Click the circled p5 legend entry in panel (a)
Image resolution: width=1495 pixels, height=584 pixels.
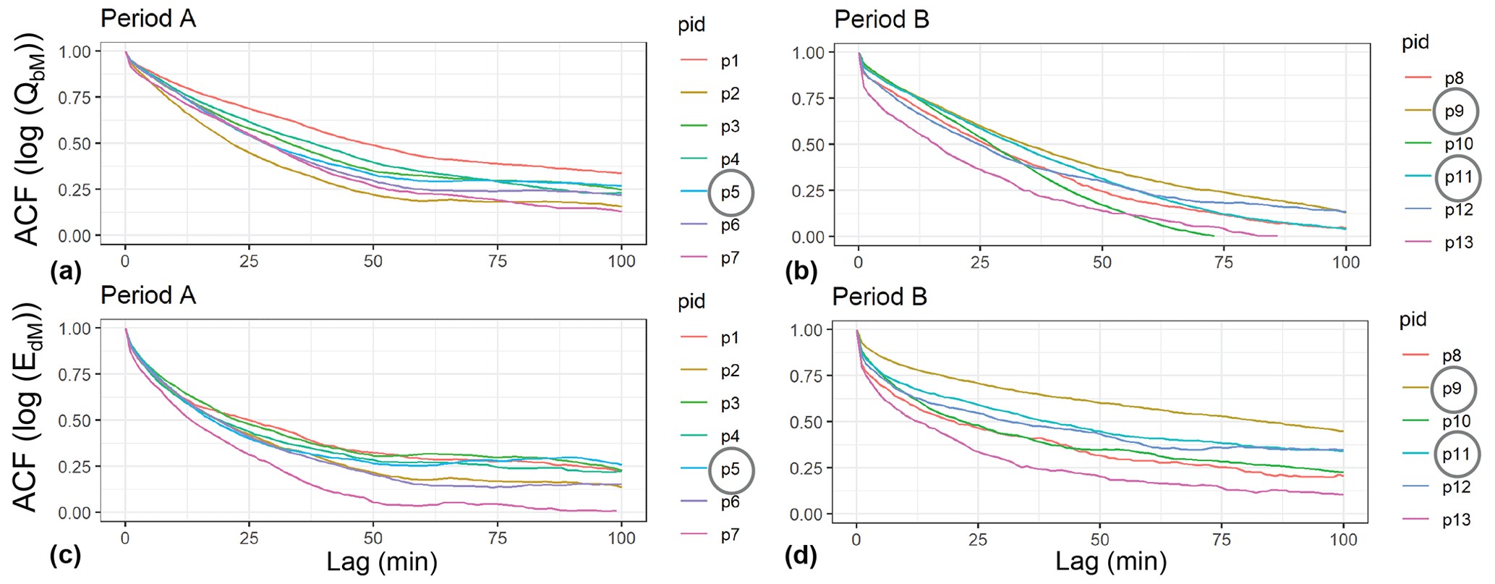pos(731,192)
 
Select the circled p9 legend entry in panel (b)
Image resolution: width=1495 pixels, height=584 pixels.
pos(1454,111)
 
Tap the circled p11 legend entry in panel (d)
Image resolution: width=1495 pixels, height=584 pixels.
pos(1455,454)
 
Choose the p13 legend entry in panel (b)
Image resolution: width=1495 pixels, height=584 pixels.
pos(1458,243)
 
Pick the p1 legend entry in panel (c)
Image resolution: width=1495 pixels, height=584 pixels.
pos(729,338)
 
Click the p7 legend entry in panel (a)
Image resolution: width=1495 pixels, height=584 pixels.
pos(729,258)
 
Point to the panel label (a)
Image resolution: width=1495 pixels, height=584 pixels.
pos(66,271)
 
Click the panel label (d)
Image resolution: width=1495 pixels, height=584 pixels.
pos(801,556)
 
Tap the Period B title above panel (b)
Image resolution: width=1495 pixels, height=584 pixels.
pos(881,20)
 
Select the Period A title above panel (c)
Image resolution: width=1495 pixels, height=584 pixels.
pos(148,295)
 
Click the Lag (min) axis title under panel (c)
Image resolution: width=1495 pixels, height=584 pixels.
pos(382,562)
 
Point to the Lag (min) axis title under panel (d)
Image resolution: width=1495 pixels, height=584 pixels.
pos(1111,562)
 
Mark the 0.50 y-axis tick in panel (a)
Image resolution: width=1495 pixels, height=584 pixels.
pos(74,143)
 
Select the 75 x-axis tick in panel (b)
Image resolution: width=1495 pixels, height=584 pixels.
pos(1224,262)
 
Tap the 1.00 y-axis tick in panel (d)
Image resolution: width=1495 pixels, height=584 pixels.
pos(807,330)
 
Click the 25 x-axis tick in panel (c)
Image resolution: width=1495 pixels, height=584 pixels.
pos(250,538)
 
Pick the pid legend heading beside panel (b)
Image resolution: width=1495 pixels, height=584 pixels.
pos(1415,42)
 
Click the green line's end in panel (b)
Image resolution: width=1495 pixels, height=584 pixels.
pos(1213,236)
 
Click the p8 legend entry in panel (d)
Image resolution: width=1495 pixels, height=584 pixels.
pos(1451,355)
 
